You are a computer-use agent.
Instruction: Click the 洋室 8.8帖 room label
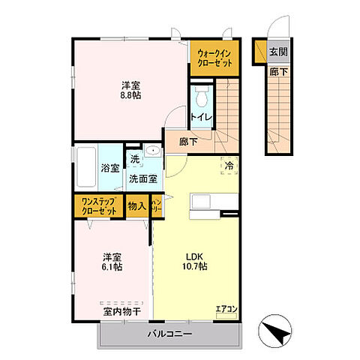130,90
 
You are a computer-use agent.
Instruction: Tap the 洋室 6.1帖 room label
113,260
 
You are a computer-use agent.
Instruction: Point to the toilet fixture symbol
201,96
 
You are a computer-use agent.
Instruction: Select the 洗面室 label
142,178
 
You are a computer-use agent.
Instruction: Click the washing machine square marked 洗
134,158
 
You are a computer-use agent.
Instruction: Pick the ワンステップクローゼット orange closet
99,206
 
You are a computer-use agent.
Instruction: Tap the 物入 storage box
136,206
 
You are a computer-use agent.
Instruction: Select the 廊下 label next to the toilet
188,141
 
